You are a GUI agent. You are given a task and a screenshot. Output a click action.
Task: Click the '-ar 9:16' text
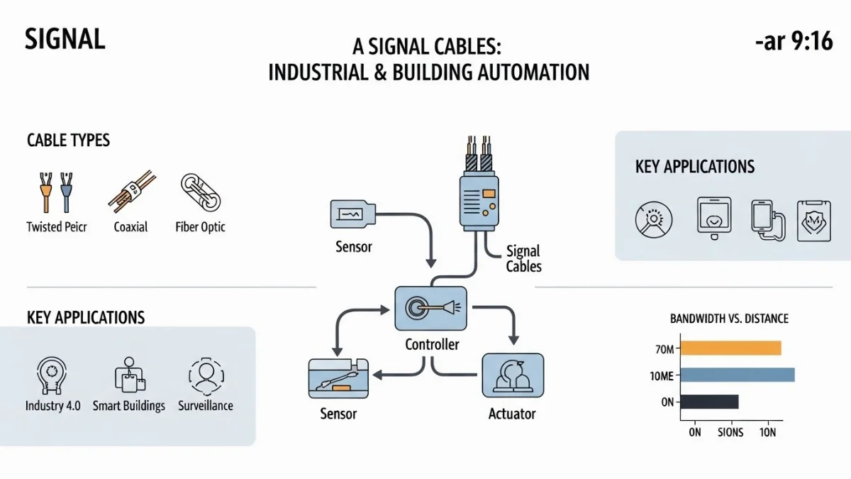[x=794, y=43]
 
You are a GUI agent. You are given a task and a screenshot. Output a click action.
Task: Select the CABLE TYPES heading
[x=68, y=140]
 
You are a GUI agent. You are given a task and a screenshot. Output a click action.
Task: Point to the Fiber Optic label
[x=200, y=227]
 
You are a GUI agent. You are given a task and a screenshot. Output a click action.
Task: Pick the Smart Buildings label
[x=129, y=406]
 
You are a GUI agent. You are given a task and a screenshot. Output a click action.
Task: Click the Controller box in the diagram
[x=431, y=309]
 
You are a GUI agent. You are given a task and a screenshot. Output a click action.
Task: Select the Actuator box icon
[x=512, y=376]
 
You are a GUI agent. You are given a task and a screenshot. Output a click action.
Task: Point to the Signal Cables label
[x=523, y=259]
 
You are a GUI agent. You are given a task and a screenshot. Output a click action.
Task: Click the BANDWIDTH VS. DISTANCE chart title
[x=729, y=319]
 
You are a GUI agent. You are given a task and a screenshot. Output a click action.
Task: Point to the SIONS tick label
[x=730, y=432]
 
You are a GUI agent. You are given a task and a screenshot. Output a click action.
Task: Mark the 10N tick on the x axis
[x=769, y=432]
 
